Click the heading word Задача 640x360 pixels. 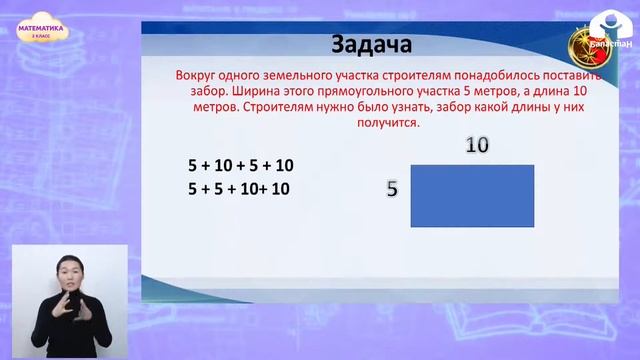pos(370,46)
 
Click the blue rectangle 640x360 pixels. pos(472,196)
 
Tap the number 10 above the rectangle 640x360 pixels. pos(477,145)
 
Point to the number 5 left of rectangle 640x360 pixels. pos(393,188)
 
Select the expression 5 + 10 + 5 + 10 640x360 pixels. pos(240,165)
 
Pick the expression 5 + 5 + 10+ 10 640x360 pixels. pos(239,187)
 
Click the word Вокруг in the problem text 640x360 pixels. pos(194,76)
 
